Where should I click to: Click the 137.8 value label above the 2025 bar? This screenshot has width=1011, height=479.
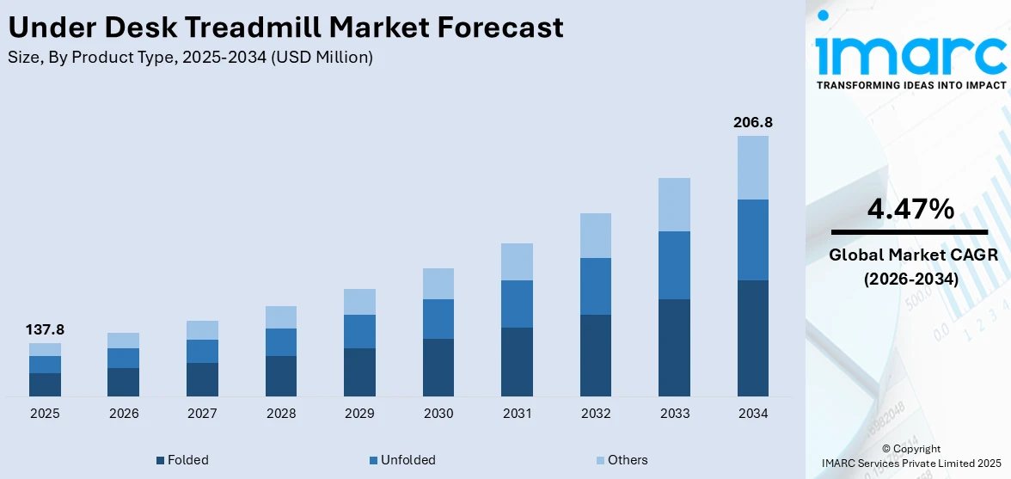(x=46, y=329)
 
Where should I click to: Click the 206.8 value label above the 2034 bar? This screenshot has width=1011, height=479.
(x=753, y=122)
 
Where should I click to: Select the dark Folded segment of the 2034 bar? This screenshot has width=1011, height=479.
(x=753, y=337)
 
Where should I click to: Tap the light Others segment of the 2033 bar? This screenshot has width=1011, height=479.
(x=674, y=205)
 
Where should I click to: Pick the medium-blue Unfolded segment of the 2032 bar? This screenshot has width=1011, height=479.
(x=596, y=286)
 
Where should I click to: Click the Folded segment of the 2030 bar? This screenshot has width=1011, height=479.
(x=438, y=367)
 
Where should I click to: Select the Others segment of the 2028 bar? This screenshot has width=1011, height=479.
(x=281, y=317)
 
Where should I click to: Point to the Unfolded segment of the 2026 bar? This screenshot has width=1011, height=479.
(x=124, y=358)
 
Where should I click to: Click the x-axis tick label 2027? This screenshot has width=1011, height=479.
(x=202, y=414)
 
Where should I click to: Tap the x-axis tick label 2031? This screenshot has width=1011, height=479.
(x=517, y=414)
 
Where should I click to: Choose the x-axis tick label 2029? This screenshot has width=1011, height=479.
(x=359, y=414)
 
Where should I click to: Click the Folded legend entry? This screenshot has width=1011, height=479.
(x=182, y=460)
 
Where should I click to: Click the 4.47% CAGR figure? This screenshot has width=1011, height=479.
(x=910, y=209)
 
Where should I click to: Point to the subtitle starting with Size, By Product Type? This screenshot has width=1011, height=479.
(x=190, y=58)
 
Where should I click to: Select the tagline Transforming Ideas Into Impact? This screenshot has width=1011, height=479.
(x=910, y=85)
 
